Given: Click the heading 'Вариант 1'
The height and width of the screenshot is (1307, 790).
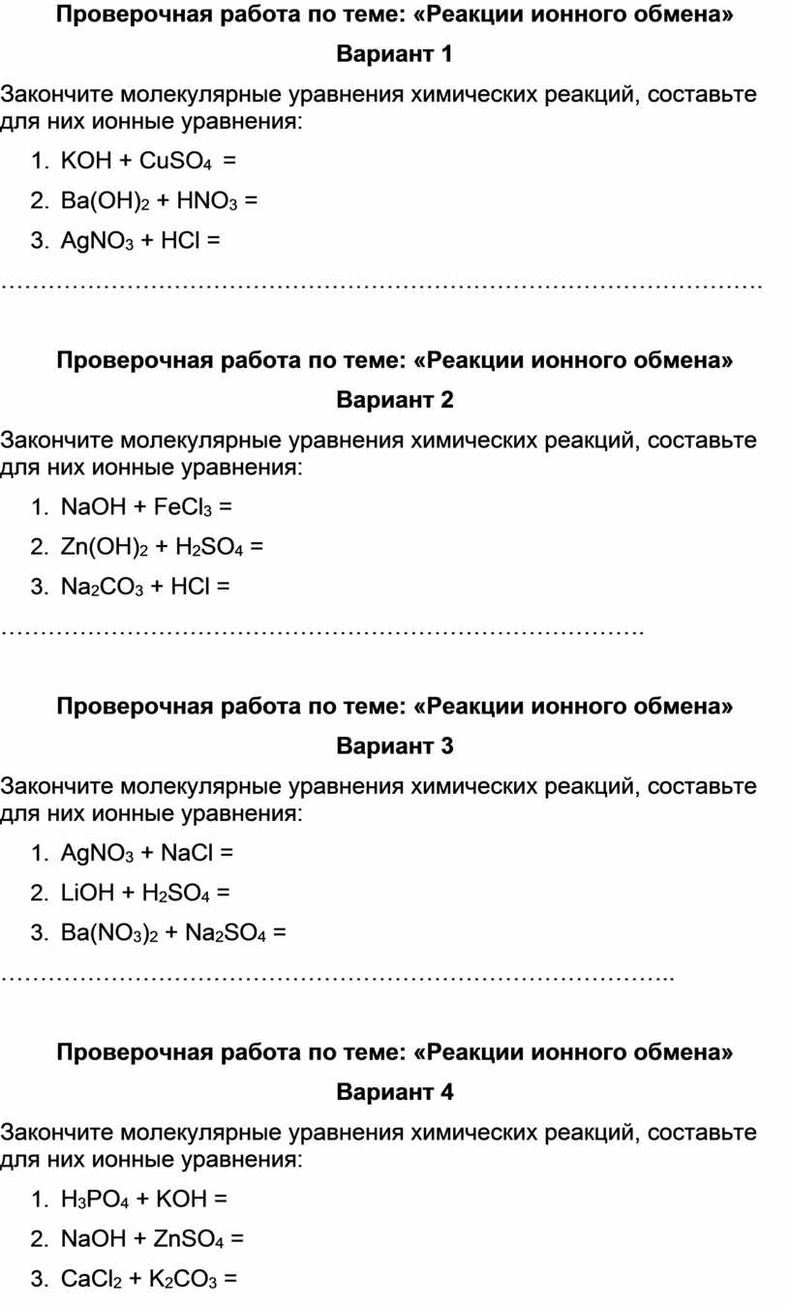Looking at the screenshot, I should (394, 54).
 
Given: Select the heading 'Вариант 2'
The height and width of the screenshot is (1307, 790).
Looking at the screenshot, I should (394, 399).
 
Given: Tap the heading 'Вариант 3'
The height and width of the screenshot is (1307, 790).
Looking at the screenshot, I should (394, 745).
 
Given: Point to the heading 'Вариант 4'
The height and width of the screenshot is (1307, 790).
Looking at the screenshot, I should (394, 1092).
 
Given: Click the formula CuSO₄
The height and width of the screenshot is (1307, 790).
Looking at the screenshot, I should (176, 161).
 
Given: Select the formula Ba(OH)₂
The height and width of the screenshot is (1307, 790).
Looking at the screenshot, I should (105, 200).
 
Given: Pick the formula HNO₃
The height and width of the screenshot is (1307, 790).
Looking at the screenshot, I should (206, 200).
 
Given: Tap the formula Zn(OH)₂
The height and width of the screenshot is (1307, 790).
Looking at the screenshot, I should (105, 546).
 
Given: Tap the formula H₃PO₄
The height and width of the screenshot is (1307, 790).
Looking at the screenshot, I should (93, 1200).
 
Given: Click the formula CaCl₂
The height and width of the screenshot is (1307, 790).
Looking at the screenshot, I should (92, 1280).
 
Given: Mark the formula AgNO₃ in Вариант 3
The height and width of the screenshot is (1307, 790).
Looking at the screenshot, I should (94, 853).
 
